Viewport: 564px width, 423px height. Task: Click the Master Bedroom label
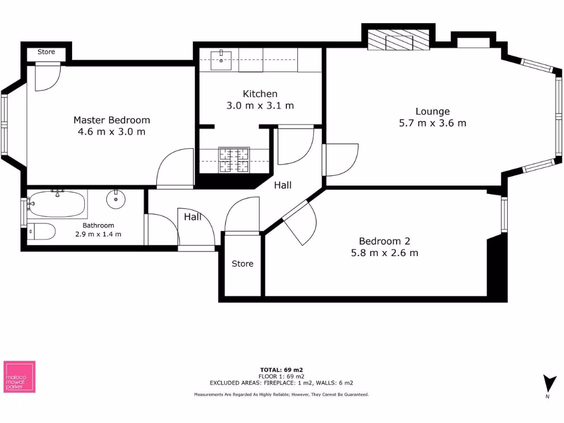click(111, 120)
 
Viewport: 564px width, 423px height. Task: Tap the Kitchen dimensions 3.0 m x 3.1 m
click(260, 106)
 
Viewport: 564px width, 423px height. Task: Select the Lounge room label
click(432, 111)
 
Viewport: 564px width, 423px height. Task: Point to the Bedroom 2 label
click(384, 241)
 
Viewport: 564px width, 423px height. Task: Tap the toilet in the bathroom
click(41, 232)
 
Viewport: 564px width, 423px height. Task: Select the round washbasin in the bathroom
click(116, 200)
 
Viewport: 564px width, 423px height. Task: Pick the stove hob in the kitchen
click(234, 160)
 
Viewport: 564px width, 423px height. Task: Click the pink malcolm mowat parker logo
click(19, 377)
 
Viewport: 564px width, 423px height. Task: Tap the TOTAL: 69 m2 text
click(281, 370)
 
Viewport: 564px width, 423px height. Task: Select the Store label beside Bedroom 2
click(242, 264)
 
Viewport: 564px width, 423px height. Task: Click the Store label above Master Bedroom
click(46, 52)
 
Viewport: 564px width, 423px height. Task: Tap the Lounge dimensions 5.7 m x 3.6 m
click(432, 123)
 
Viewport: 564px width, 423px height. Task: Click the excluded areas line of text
click(281, 383)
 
